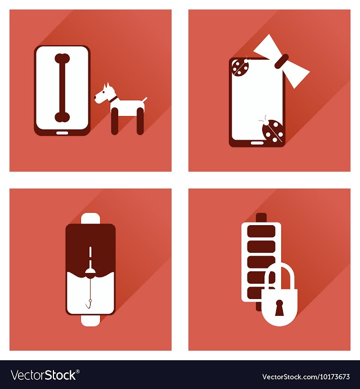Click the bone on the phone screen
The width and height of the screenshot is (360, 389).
click(62, 88)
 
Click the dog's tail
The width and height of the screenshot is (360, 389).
click(145, 100)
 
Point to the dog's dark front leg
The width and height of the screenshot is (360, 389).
click(115, 121)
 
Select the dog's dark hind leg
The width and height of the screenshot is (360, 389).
click(140, 121)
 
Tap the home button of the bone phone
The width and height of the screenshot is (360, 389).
click(62, 133)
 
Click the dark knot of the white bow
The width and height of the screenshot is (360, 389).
click(282, 61)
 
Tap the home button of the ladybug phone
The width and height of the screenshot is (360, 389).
click(257, 143)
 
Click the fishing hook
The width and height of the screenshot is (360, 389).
click(89, 304)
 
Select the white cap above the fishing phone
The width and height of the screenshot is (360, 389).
click(91, 218)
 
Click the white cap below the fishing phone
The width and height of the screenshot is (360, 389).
click(91, 320)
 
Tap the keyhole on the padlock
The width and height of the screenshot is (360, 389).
click(279, 307)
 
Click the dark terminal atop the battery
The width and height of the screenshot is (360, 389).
click(261, 217)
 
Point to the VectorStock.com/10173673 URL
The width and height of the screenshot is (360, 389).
click(306, 377)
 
